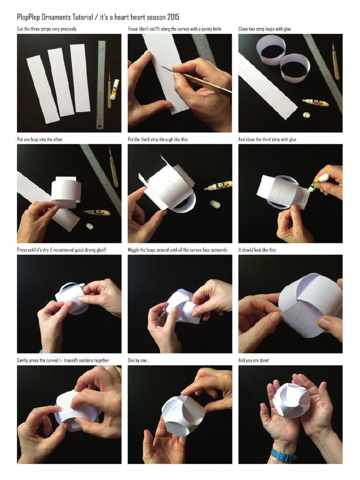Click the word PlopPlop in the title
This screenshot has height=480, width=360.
click(31, 17)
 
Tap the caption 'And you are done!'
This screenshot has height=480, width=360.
click(254, 360)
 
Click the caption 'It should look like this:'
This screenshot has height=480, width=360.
click(257, 250)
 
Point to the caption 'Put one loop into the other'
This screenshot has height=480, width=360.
click(40, 139)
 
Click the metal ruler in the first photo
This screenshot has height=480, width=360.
click(101, 84)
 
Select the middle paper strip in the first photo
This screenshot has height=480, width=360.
click(61, 82)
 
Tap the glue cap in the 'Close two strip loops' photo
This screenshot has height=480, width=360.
click(307, 115)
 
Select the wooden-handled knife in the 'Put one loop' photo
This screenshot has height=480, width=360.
click(113, 166)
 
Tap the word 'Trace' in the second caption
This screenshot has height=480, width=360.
click(134, 29)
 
